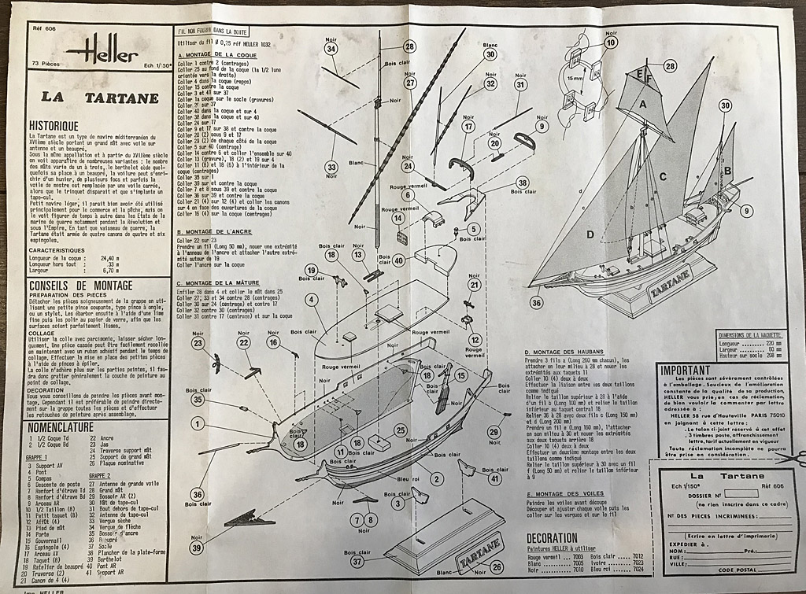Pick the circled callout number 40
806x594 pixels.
(x=399, y=260)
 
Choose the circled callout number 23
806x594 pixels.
(x=198, y=343)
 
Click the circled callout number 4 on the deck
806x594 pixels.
(x=313, y=299)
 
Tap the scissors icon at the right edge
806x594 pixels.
(x=793, y=457)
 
